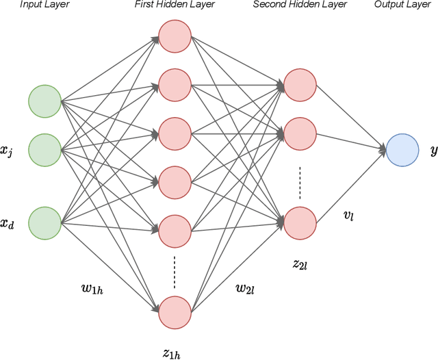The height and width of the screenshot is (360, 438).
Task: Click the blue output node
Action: pos(402,149)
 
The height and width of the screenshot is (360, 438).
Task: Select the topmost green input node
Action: pos(45,101)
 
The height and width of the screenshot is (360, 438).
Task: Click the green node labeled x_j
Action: pos(45,149)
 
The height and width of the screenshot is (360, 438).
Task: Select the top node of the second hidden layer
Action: pos(300,84)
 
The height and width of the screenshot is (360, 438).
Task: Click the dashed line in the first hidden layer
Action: pos(175,272)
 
